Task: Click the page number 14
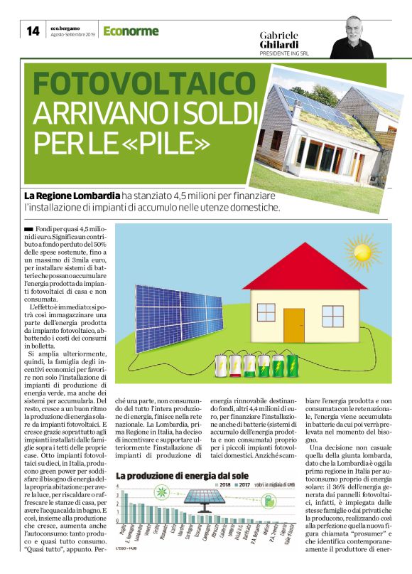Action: point(33,31)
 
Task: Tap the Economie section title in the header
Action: point(131,31)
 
